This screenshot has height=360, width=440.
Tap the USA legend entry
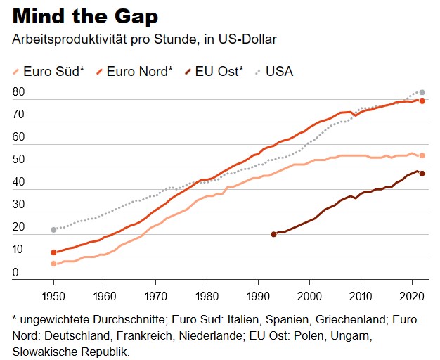pos(276,71)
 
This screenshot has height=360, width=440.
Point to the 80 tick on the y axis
pos(19,92)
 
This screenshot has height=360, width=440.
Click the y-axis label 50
pos(19,160)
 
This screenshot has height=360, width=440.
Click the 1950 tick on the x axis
pos(53,295)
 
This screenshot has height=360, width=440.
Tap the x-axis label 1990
pos(258,295)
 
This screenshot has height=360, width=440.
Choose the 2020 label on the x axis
pos(411,295)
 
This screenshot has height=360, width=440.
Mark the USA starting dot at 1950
pos(53,230)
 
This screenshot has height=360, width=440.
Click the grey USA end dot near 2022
pos(422,92)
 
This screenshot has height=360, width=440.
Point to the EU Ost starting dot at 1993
pos(273,234)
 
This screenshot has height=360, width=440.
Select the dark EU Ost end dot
pos(422,174)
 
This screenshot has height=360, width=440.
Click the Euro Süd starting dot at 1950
pos(53,264)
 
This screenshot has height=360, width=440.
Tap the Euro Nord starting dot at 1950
pos(53,252)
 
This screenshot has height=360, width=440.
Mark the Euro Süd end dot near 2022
pos(422,155)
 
